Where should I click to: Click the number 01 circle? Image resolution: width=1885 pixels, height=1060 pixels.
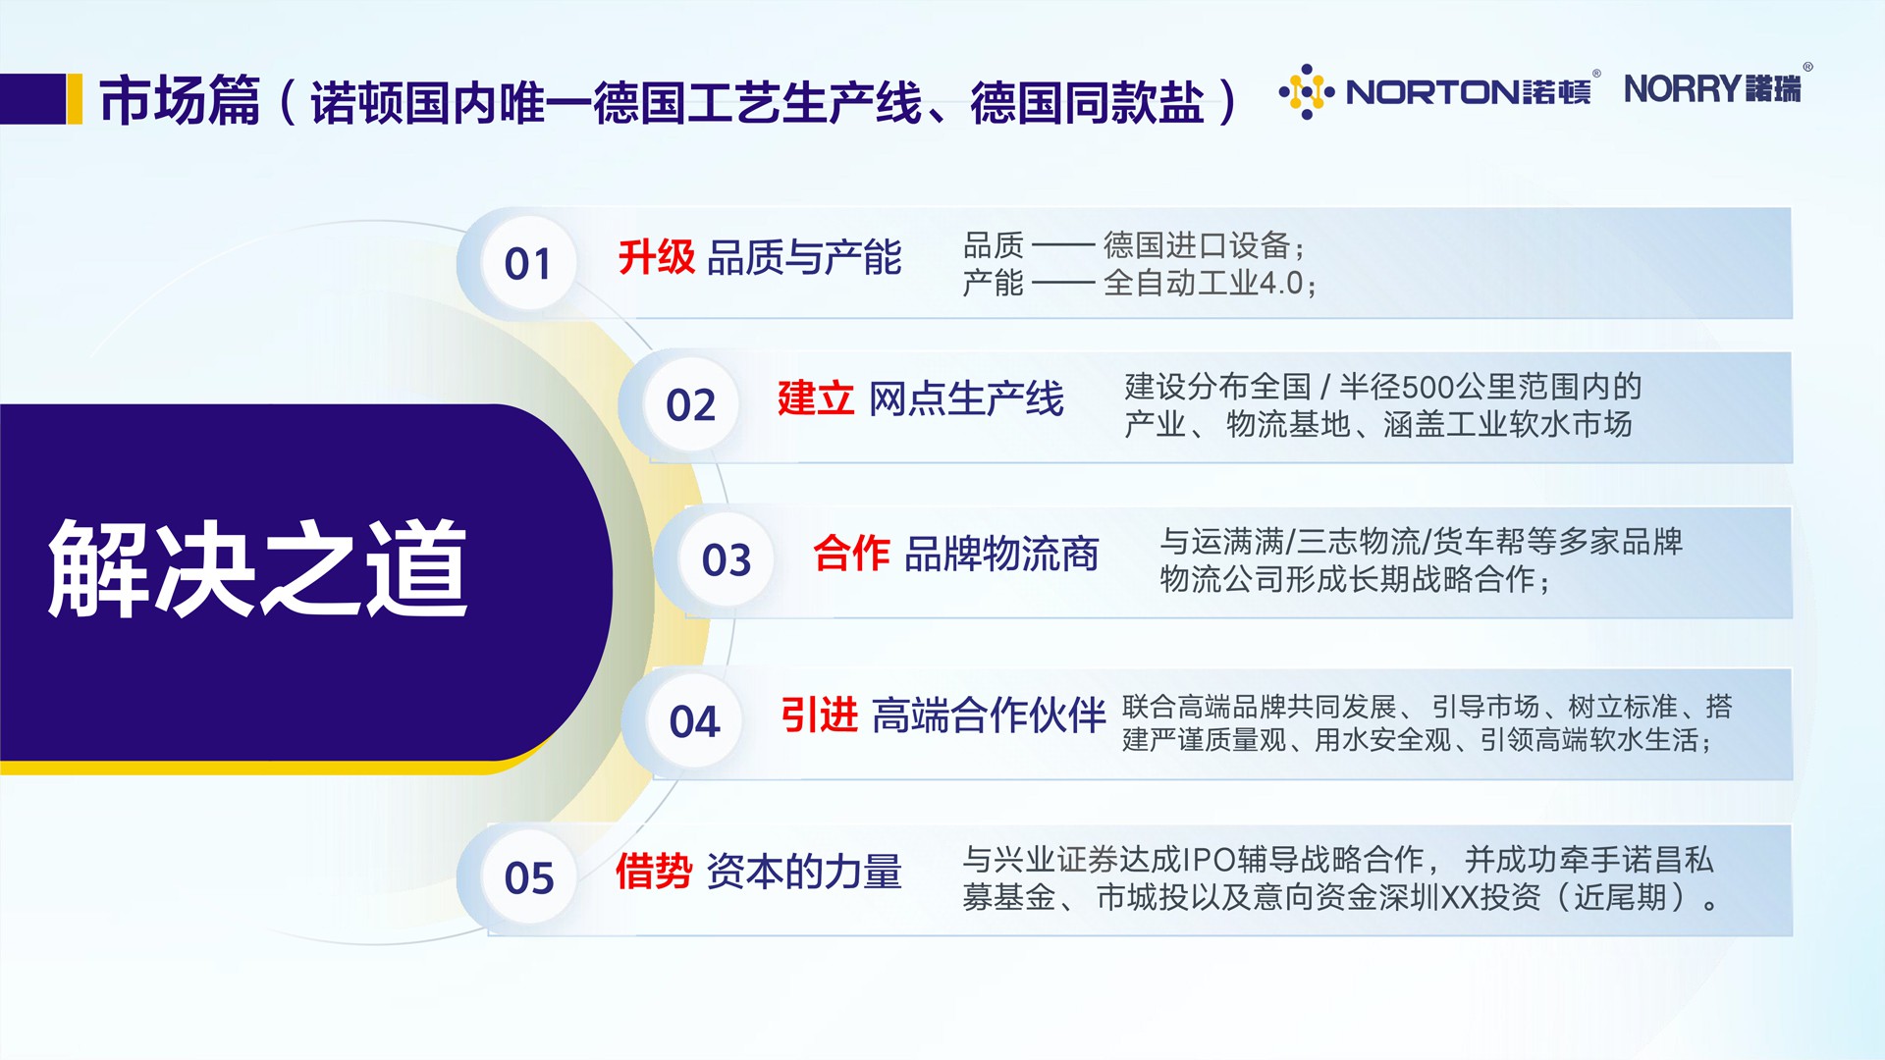click(528, 263)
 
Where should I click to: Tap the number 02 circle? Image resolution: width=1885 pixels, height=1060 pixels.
click(691, 404)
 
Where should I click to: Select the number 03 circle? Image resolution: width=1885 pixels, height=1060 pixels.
click(727, 559)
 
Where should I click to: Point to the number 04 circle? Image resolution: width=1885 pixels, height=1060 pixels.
click(694, 721)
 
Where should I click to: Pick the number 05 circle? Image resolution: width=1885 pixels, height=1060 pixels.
click(529, 876)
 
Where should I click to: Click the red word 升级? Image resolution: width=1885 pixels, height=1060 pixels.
click(657, 257)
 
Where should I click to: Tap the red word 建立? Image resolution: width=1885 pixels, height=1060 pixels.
click(816, 398)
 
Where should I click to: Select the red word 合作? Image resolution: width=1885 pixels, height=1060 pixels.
click(851, 554)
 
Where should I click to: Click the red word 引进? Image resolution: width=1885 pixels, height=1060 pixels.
click(820, 715)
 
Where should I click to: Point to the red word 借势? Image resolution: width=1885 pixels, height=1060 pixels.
click(654, 871)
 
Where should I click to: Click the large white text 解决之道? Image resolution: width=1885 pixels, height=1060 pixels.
click(258, 568)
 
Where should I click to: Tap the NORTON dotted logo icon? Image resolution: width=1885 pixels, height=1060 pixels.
click(1307, 92)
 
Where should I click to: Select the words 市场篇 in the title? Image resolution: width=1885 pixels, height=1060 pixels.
click(180, 100)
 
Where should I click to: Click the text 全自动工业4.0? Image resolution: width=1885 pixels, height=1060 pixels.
click(1205, 283)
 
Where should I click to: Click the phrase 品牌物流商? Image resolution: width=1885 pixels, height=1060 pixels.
click(1001, 555)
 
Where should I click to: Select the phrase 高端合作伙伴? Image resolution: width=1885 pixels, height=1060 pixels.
click(989, 715)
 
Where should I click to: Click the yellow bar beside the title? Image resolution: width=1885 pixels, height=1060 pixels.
click(75, 99)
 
